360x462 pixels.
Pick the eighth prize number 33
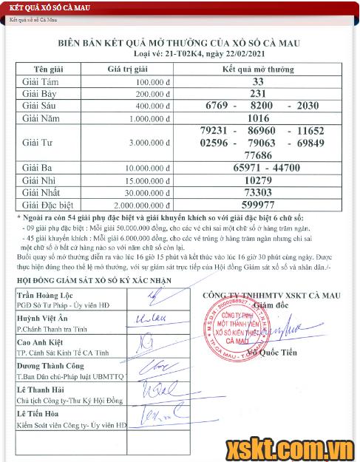tap(257, 81)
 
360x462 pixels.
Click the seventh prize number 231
tap(257, 94)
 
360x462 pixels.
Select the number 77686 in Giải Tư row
tap(257, 155)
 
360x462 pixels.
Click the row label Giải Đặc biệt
tap(45, 205)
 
